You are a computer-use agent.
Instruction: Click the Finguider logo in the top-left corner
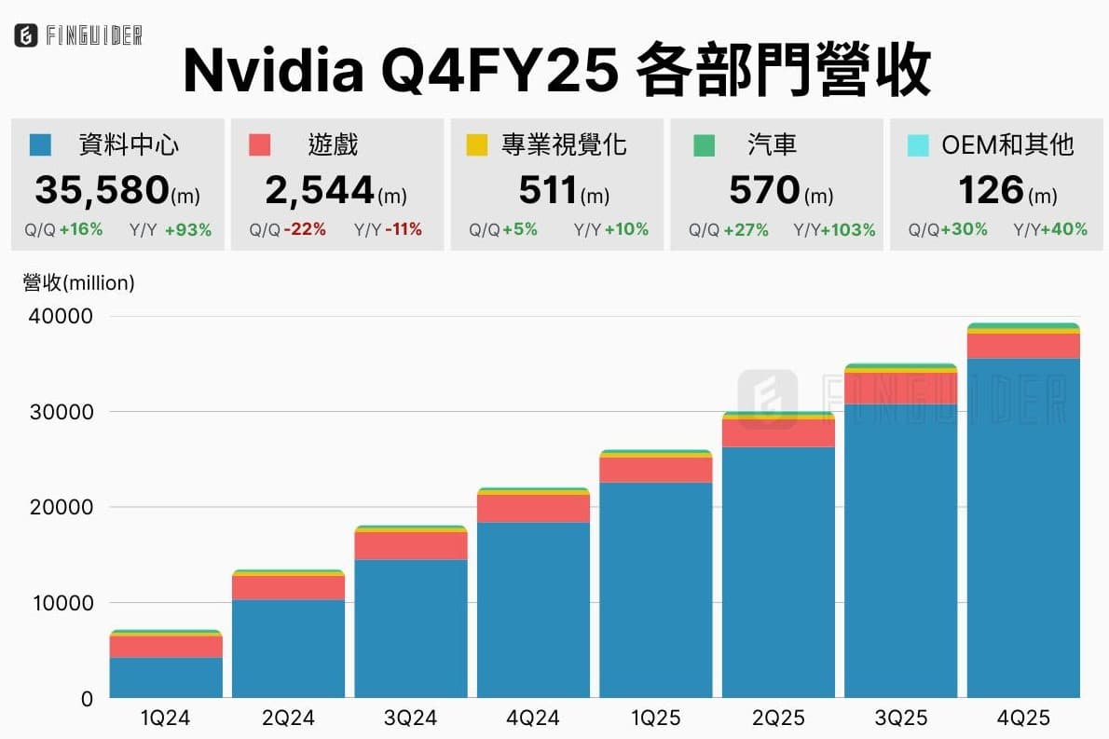point(78,36)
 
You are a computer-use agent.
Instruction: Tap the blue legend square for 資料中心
point(40,145)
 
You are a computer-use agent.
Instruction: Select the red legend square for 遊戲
point(260,145)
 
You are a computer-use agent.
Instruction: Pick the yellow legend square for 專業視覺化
point(476,145)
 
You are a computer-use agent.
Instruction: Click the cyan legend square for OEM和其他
point(917,145)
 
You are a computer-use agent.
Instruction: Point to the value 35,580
point(102,190)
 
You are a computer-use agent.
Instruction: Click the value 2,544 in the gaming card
point(320,190)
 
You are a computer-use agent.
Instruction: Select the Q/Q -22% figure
point(288,229)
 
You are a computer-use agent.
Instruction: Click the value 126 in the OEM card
point(991,190)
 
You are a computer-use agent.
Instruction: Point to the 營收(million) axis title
point(78,283)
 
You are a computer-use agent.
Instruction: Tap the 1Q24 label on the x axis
point(166,718)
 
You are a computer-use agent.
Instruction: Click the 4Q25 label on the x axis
point(1022,718)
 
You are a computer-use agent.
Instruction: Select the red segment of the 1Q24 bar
point(166,647)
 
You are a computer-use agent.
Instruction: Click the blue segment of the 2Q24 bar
point(288,649)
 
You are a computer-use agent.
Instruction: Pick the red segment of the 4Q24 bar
point(533,508)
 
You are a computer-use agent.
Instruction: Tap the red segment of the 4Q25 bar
point(1022,346)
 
